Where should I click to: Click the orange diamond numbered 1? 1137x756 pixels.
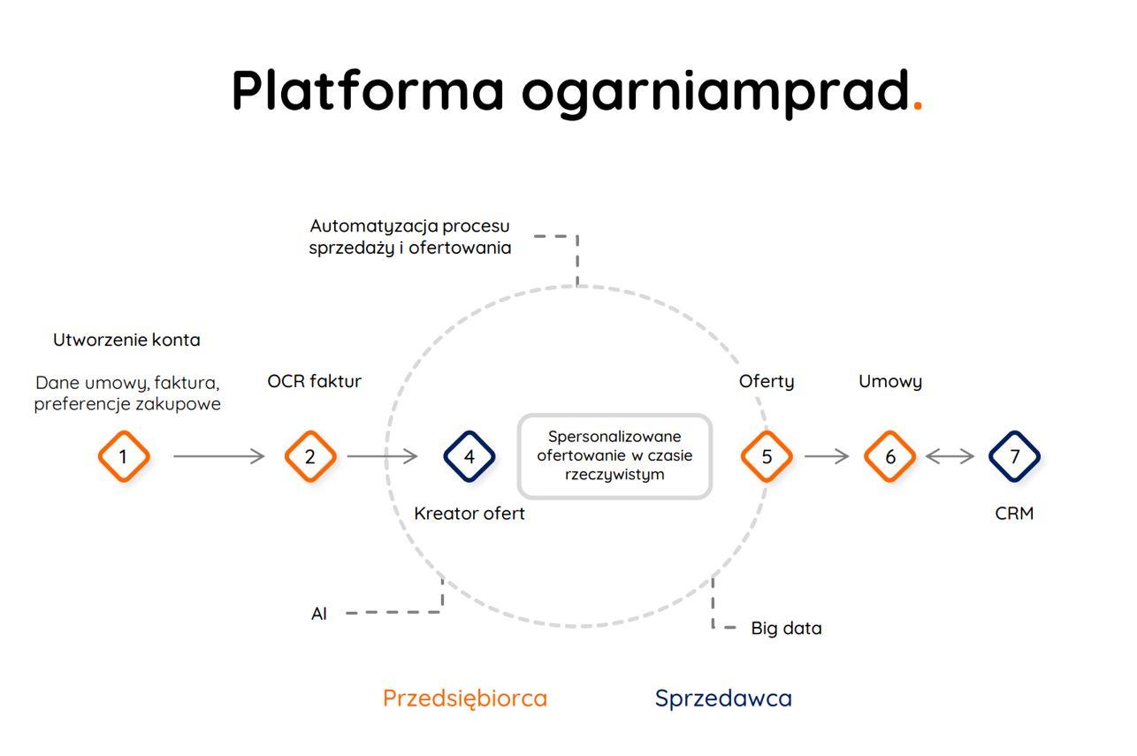(124, 456)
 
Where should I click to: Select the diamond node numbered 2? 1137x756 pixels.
(310, 456)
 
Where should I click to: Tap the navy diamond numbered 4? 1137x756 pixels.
(469, 456)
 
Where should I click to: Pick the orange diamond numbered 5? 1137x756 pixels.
(767, 456)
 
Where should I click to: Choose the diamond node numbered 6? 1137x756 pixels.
(890, 456)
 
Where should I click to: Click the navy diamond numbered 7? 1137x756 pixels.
(1014, 456)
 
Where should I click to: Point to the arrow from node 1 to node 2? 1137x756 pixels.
(218, 456)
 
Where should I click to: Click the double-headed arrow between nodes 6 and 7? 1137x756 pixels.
(950, 456)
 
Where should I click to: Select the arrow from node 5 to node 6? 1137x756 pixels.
(827, 456)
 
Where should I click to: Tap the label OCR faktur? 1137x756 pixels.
(314, 381)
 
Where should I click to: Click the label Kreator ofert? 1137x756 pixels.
(469, 514)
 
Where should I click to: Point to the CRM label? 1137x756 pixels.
(1014, 514)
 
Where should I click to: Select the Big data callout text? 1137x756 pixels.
(786, 629)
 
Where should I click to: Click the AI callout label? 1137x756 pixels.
(319, 614)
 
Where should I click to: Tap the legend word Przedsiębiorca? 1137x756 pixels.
(465, 699)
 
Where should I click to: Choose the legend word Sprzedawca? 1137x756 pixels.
(723, 699)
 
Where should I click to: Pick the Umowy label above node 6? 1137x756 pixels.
(890, 381)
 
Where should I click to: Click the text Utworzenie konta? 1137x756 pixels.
(126, 340)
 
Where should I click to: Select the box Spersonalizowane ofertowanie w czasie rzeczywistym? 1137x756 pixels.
(614, 456)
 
